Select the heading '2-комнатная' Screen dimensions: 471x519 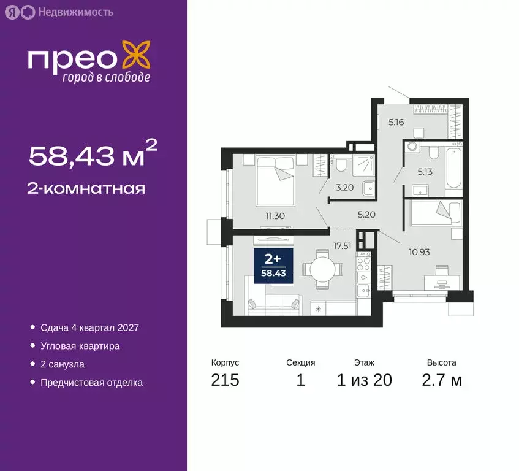[87, 188]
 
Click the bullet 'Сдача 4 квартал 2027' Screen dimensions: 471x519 [89, 327]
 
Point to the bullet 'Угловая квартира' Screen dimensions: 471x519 [80, 346]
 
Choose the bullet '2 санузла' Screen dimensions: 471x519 [62, 364]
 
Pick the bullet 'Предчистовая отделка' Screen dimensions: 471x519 [91, 383]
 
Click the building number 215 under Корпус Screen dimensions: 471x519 [225, 380]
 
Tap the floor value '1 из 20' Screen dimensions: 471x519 [365, 380]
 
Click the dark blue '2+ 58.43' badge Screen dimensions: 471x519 [273, 266]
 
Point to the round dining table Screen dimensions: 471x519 [323, 269]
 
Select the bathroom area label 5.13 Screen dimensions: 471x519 [425, 172]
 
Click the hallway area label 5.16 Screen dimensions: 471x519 [396, 122]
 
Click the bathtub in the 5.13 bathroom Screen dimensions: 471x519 [454, 169]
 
